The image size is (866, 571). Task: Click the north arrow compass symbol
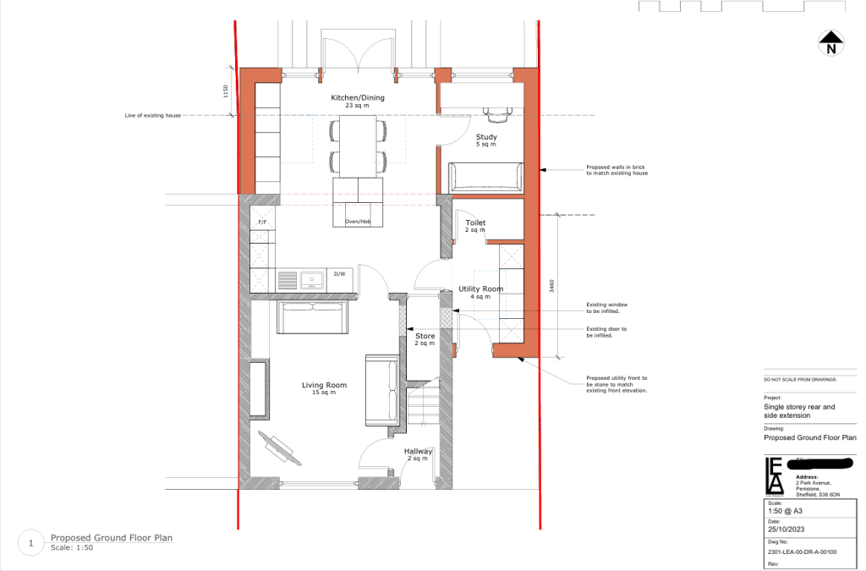coord(831,42)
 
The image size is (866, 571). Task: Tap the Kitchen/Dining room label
coord(358,98)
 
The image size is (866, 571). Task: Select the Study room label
coord(486,137)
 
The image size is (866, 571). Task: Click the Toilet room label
coord(475,223)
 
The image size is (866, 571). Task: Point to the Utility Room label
coord(481,289)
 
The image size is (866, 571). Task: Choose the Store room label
coord(425,336)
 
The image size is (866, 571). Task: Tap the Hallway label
coord(418,452)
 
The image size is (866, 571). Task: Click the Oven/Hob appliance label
coord(358,222)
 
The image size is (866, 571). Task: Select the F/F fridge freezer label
coord(262,222)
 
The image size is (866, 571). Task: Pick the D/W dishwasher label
coord(340,274)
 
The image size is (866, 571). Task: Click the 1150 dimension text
coord(226,91)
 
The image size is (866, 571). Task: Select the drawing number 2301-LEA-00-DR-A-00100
coord(800,552)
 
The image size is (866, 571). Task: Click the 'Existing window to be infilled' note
coord(607,307)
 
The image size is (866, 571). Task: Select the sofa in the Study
coord(485,177)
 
